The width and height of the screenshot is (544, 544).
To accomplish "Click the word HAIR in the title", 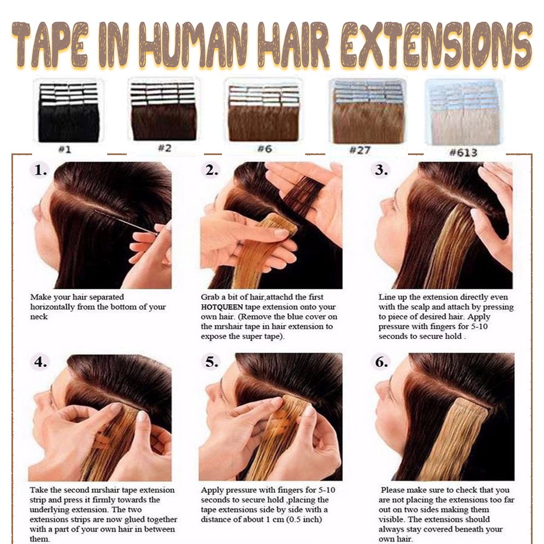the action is click(x=295, y=45).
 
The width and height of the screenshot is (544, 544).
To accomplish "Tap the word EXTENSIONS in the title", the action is click(x=436, y=45).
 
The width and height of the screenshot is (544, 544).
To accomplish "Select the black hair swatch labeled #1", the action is click(x=69, y=112).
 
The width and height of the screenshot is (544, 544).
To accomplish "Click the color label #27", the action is click(x=360, y=150).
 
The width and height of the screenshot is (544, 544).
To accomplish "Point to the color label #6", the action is click(x=264, y=149).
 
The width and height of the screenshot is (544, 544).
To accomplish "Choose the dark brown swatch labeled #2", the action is click(x=163, y=112).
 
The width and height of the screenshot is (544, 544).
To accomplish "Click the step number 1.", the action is click(x=41, y=170).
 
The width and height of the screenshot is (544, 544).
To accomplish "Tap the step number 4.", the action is click(x=41, y=362).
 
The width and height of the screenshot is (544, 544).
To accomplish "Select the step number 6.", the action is click(x=381, y=362).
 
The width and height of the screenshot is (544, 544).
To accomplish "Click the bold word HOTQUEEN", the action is click(x=222, y=307).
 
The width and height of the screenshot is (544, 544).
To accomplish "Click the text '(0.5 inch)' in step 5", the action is click(x=304, y=520).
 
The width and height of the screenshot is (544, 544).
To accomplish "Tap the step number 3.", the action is click(x=381, y=170).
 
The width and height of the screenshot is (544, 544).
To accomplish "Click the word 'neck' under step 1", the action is click(x=39, y=317).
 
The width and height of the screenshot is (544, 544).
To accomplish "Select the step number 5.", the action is click(x=212, y=362).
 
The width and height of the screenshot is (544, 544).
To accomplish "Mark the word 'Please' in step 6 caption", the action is click(x=392, y=490).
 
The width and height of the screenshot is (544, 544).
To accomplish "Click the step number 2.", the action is click(x=212, y=170).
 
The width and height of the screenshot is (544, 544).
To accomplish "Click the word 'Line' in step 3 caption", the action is click(x=386, y=297).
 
